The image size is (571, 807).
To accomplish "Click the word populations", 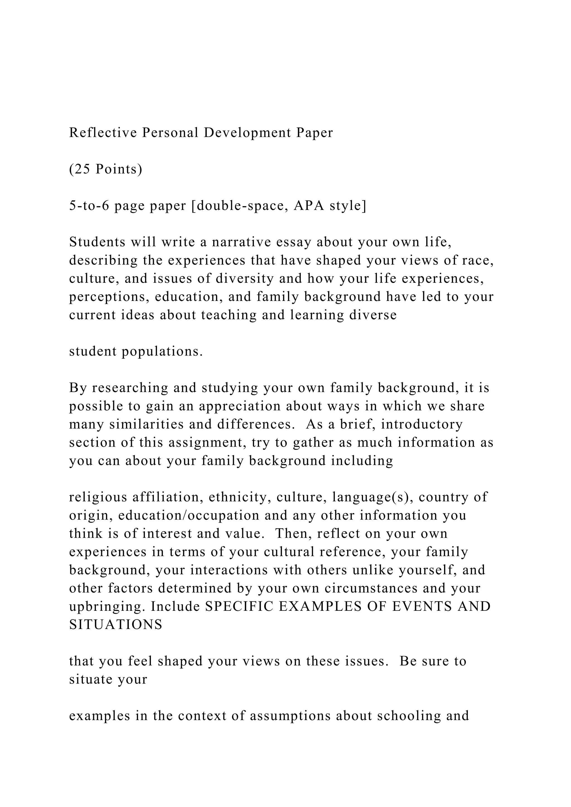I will (x=163, y=352).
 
